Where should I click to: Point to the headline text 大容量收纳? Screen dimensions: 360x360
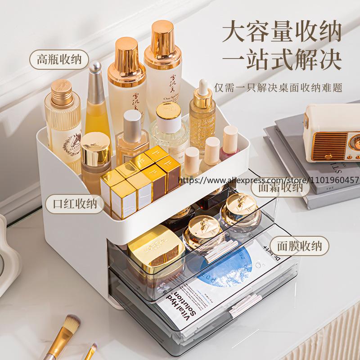(282, 33)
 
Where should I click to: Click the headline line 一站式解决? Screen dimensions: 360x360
(282, 61)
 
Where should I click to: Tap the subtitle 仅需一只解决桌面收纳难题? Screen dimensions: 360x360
(278, 87)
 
